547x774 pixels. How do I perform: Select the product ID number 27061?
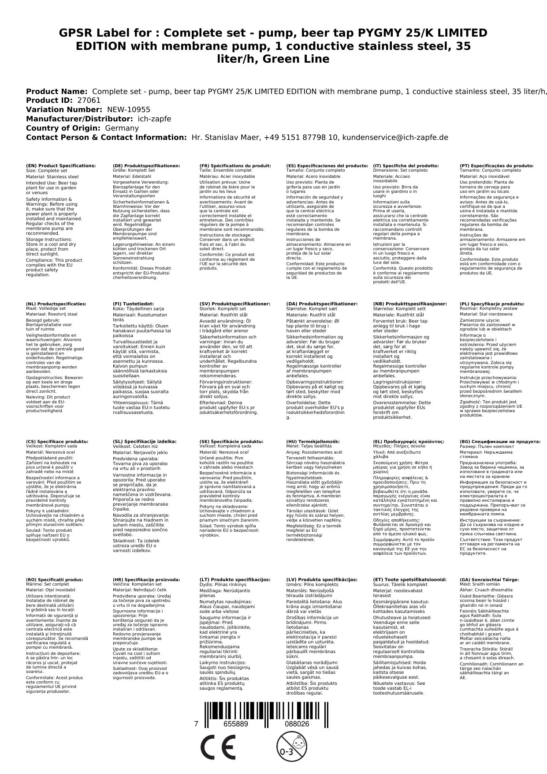tap(89, 100)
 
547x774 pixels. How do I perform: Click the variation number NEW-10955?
tap(128, 109)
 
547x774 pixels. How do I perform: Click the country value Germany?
tap(122, 128)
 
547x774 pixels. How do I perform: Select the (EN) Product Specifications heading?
tap(61, 166)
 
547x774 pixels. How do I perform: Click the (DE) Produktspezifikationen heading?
tap(147, 166)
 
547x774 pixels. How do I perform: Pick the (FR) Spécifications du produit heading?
tap(235, 166)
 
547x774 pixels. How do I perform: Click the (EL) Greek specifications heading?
tap(409, 441)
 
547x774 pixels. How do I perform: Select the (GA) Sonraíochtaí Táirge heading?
tap(489, 579)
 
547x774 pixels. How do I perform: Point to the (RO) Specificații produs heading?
tap(55, 579)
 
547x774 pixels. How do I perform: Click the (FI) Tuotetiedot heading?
tap(133, 304)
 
